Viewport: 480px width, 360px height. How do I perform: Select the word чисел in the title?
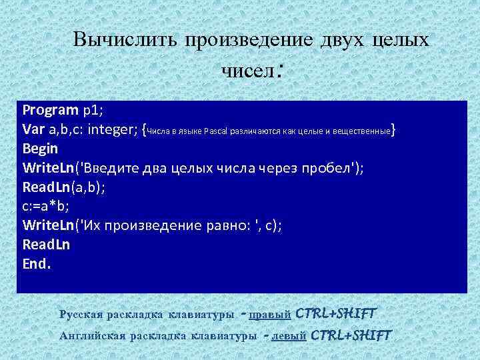click(x=248, y=69)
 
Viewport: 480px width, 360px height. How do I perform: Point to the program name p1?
click(x=91, y=109)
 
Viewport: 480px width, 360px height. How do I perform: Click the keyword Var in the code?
click(x=34, y=129)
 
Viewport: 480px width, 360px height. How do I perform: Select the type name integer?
click(x=112, y=129)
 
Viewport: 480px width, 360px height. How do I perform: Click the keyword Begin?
click(x=40, y=148)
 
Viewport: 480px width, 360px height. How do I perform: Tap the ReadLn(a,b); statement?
click(x=63, y=187)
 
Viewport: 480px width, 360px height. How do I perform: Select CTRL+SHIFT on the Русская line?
click(x=336, y=313)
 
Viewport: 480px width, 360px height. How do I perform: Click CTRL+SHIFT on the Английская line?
click(x=351, y=335)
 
